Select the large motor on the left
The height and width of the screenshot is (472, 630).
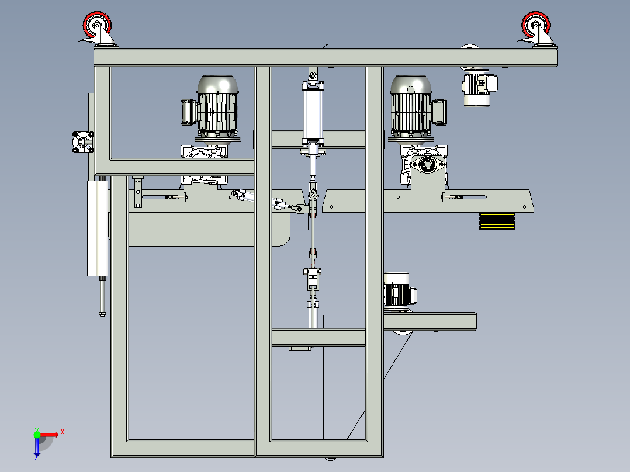click(217, 105)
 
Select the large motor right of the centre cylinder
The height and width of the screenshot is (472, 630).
click(410, 105)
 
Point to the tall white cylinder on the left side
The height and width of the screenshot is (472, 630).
click(98, 228)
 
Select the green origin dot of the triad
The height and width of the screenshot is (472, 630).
click(37, 434)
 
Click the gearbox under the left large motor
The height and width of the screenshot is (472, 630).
click(203, 154)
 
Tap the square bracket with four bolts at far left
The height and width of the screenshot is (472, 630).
click(82, 142)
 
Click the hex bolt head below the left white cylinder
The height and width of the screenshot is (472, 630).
click(102, 314)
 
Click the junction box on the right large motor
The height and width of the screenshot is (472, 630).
click(439, 111)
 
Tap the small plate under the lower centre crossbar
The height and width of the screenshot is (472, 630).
click(300, 349)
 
